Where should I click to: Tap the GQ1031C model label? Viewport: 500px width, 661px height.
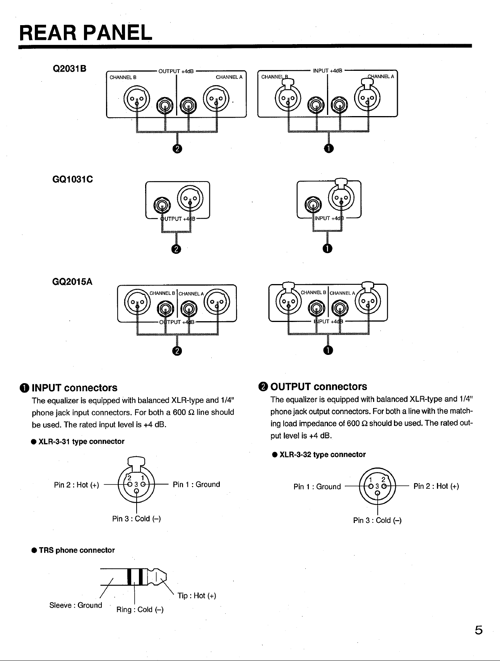(x=73, y=180)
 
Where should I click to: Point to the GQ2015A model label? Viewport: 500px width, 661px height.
(x=72, y=281)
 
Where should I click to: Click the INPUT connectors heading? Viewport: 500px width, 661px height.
(x=70, y=388)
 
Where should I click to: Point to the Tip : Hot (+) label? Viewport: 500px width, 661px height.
(x=196, y=596)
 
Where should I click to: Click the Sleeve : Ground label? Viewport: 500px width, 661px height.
(x=76, y=605)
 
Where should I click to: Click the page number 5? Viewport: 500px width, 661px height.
(x=479, y=630)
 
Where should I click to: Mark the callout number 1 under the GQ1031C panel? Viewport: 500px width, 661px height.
(x=327, y=249)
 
